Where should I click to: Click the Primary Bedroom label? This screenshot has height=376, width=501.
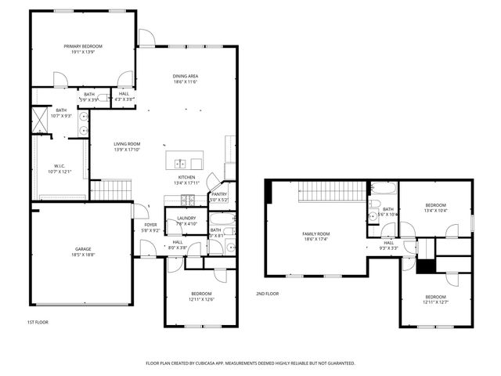pos(83,46)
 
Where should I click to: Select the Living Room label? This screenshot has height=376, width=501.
pos(127,143)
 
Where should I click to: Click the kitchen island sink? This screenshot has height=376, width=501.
pos(179,164)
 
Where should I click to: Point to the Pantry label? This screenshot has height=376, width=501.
pos(219,193)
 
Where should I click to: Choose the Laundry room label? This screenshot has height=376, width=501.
pos(186,218)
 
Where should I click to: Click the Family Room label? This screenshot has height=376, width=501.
pos(316,233)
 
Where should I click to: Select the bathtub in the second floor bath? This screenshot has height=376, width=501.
pos(384,189)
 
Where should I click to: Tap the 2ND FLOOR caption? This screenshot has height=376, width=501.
pos(267,293)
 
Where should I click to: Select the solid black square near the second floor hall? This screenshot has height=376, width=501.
pos(425,266)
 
